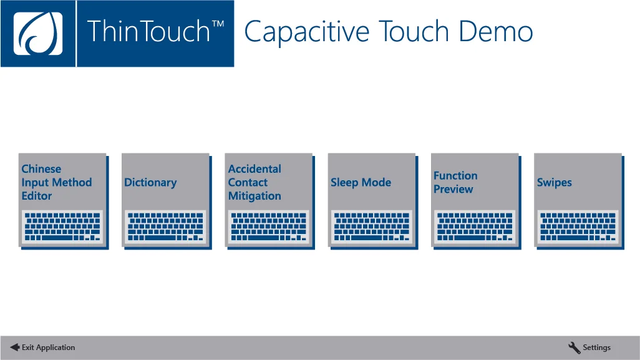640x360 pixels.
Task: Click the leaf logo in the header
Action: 38,34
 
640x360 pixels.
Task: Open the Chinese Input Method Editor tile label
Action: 56,182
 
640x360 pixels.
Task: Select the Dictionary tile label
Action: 150,183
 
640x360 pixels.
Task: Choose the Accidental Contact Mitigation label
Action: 255,182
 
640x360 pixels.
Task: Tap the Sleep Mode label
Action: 361,183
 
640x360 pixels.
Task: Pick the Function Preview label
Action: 455,182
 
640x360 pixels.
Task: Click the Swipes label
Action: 554,183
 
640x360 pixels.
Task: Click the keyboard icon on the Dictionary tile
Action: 165,226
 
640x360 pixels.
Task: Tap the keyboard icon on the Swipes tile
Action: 578,226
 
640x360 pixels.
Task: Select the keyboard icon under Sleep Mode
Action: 372,226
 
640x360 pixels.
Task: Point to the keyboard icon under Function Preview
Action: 475,226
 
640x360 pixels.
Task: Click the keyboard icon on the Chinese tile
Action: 62,226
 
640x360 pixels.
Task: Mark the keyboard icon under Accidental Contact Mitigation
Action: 269,226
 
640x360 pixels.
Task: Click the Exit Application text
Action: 48,348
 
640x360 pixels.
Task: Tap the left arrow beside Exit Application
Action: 14,348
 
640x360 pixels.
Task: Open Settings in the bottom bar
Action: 596,348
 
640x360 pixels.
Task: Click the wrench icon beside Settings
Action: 574,348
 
